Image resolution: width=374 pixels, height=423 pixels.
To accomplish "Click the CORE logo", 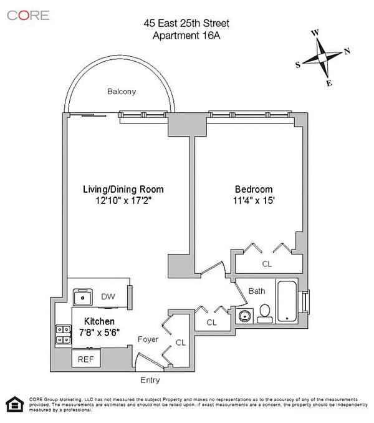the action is [28, 16].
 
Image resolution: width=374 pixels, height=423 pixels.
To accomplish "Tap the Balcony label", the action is [122, 92].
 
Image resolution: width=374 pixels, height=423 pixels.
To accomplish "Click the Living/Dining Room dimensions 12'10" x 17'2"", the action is [123, 200].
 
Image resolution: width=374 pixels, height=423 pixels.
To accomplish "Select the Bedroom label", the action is [254, 189].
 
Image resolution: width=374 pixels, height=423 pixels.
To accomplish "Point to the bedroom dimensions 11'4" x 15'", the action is [254, 200].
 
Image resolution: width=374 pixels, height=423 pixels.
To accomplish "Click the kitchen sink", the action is [83, 297].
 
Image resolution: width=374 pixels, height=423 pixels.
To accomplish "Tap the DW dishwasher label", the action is [108, 297].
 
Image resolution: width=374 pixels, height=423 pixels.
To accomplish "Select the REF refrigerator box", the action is [86, 357].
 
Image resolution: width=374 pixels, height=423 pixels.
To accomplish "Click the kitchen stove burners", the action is [64, 334].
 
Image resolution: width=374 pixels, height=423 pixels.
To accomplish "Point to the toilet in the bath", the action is [265, 314].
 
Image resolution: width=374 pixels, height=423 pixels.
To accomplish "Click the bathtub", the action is [287, 301].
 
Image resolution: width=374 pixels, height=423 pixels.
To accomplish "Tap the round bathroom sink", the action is [245, 316].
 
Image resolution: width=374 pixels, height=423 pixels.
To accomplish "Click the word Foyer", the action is [148, 339].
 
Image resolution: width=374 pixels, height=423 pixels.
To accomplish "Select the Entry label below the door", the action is [150, 380].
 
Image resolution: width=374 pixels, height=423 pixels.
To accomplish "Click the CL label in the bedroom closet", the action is [267, 264].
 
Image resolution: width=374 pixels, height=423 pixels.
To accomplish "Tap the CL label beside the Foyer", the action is [181, 343].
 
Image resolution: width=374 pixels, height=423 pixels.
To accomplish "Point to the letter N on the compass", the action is [347, 51].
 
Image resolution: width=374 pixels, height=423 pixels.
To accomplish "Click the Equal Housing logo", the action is [15, 404].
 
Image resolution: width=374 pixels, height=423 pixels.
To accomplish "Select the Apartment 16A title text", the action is [186, 36].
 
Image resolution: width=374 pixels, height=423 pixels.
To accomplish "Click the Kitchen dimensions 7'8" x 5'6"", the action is [99, 333].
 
